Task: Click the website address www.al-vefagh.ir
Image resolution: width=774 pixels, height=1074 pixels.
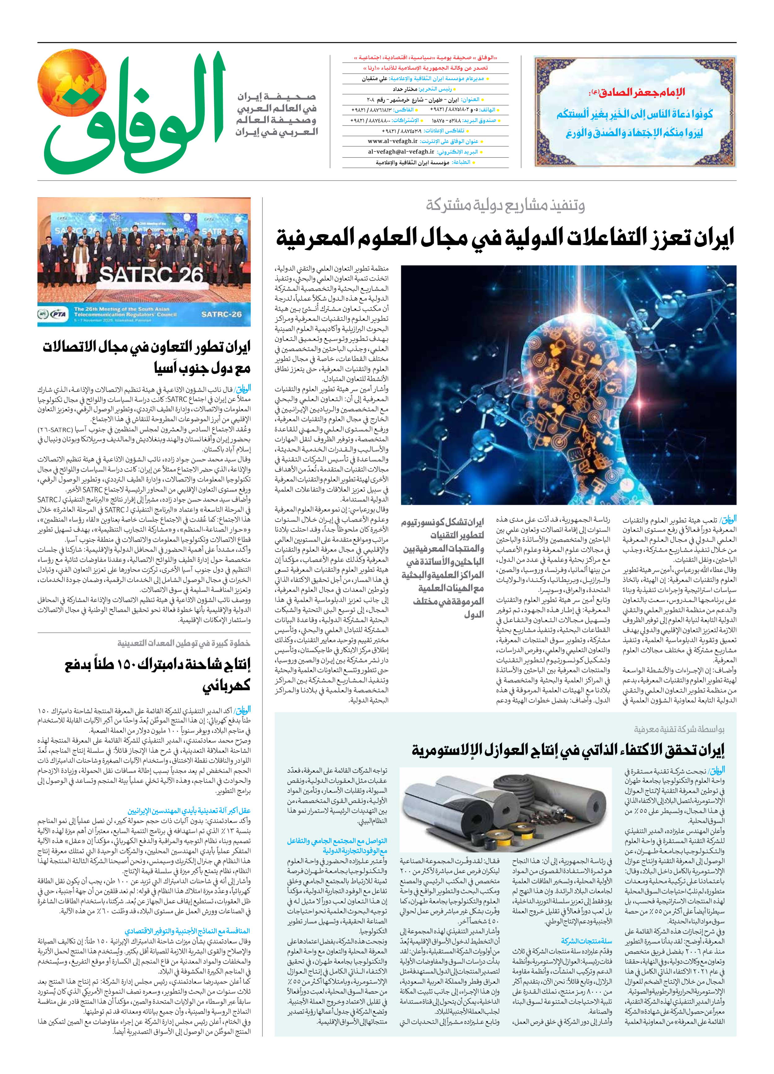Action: click(393, 142)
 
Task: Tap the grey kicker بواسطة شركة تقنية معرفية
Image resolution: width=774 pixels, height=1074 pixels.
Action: click(679, 730)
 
